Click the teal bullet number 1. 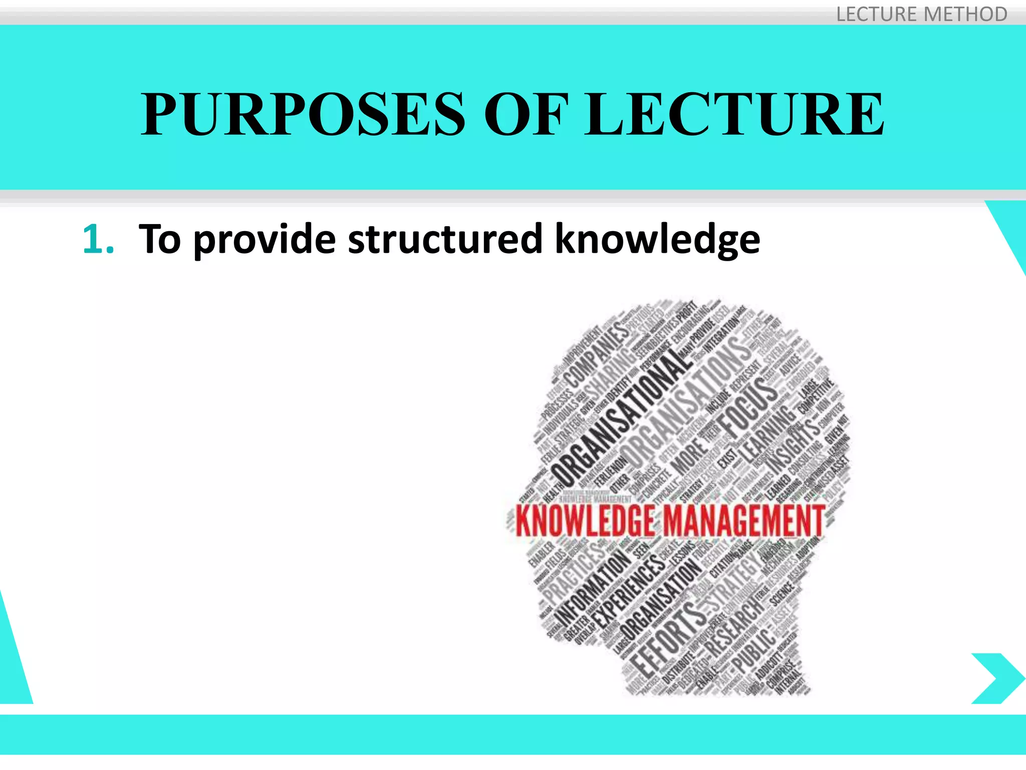coord(98,240)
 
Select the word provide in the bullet coord(264,240)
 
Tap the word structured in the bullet coord(445,240)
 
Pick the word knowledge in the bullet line coord(657,240)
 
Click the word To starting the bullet coord(159,240)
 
